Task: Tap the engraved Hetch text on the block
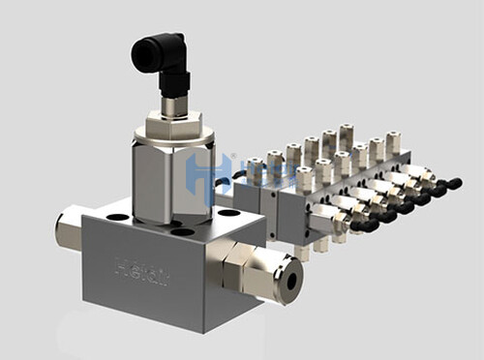(x=141, y=271)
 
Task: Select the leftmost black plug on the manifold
(x=363, y=225)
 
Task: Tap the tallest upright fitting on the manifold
(x=346, y=136)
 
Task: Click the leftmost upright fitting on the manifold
(x=255, y=171)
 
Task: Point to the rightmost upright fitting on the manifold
(x=392, y=143)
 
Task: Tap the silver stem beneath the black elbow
(x=173, y=105)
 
